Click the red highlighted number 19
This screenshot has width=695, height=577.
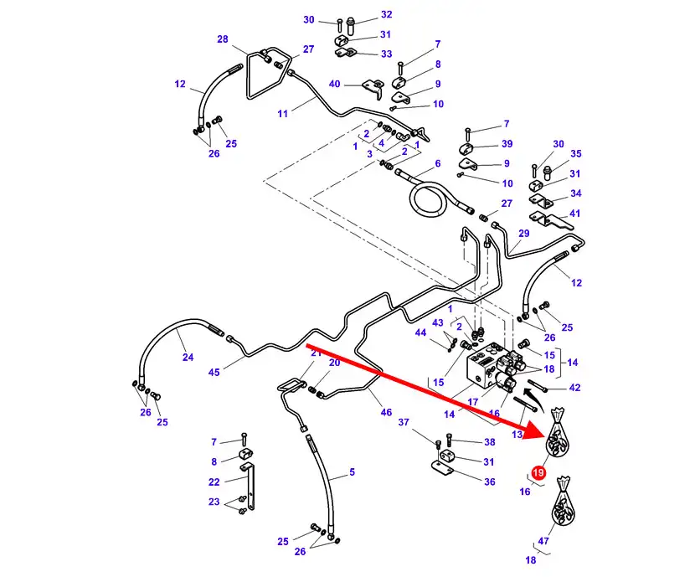[x=538, y=473]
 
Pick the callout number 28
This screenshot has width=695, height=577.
[x=222, y=39]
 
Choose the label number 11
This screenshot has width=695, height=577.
[x=282, y=113]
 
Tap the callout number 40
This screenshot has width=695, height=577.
[x=334, y=84]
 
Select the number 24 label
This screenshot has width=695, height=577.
[x=188, y=358]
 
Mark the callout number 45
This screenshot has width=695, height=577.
[x=214, y=373]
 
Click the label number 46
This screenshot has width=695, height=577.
[x=386, y=413]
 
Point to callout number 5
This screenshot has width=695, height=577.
[x=352, y=472]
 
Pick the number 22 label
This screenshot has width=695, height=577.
[x=214, y=482]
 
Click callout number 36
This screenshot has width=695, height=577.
[x=490, y=482]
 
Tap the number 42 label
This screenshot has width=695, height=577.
[x=574, y=388]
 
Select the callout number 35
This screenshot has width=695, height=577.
[x=575, y=154]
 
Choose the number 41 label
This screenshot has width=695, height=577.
[x=574, y=214]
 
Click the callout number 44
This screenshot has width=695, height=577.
[x=421, y=332]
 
